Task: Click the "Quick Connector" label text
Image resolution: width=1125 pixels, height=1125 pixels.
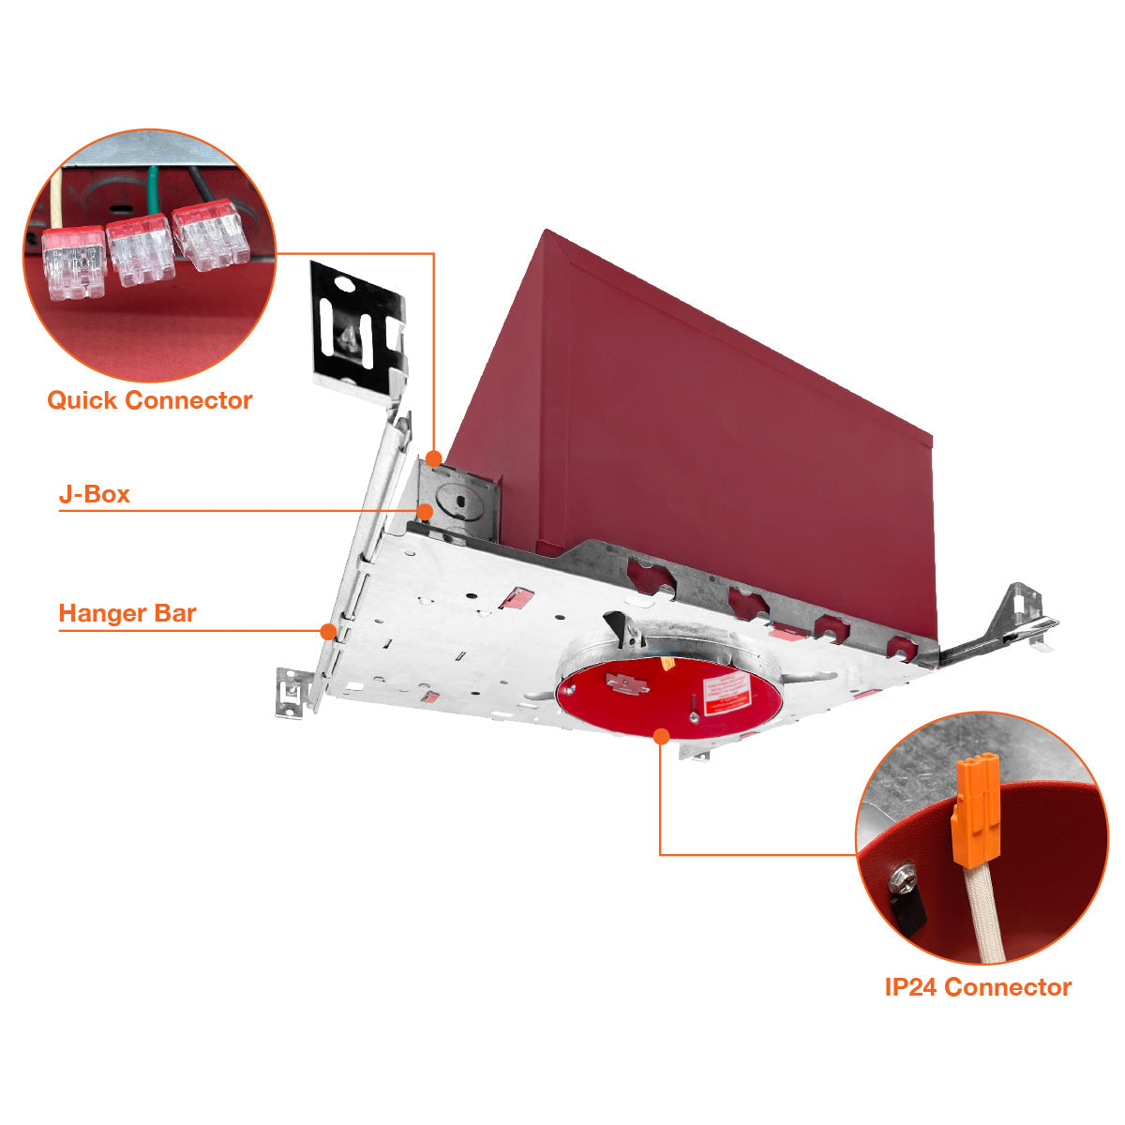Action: [x=150, y=400]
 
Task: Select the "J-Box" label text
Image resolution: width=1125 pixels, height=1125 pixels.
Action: [x=94, y=494]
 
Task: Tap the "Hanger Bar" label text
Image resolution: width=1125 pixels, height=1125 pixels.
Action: [x=127, y=614]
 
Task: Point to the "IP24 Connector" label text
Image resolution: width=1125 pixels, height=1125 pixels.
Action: [x=978, y=987]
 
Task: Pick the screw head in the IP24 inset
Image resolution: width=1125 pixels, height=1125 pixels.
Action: [x=903, y=878]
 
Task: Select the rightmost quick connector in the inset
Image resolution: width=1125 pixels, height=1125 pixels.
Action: [x=211, y=234]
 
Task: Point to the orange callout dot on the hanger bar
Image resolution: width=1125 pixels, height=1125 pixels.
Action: [x=327, y=630]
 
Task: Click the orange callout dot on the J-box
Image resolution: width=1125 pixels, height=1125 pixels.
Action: [x=425, y=511]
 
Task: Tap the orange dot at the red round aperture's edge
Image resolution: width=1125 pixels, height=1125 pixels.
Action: [x=661, y=737]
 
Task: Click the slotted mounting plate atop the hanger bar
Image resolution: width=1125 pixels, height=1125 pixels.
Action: [x=358, y=328]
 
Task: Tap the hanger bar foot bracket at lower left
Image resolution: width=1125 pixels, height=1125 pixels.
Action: [x=293, y=692]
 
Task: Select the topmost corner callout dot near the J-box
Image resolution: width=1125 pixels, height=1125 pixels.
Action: [x=433, y=458]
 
